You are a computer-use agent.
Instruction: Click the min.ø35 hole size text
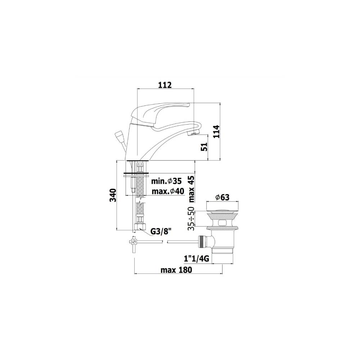pos(166,181)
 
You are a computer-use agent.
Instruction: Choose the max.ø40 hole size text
pos(168,191)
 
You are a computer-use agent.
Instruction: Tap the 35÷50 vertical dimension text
pos(191,219)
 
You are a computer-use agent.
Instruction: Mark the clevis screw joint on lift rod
pos(133,243)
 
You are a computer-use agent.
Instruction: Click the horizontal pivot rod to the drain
pos(182,242)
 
